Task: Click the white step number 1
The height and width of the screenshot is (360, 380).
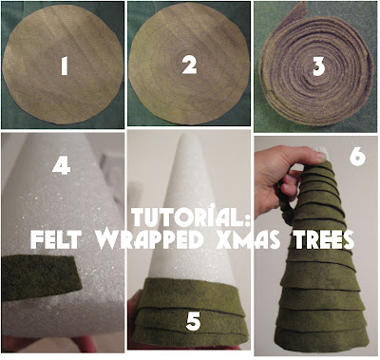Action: [65, 66]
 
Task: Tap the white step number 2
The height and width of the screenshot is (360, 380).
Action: [189, 65]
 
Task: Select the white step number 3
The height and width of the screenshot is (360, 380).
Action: [318, 66]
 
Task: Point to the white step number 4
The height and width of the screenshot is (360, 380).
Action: [61, 165]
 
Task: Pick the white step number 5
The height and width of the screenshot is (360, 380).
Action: [193, 321]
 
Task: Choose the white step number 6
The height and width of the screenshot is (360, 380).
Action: [358, 156]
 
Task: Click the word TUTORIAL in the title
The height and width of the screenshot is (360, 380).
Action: [185, 218]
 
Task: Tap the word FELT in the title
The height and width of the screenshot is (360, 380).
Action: [55, 239]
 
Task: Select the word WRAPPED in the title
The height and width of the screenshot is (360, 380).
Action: [149, 239]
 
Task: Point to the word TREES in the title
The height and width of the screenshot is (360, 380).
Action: [321, 239]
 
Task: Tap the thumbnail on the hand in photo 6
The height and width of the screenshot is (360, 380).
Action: [320, 155]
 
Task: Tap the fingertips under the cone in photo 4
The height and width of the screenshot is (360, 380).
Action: [47, 344]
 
